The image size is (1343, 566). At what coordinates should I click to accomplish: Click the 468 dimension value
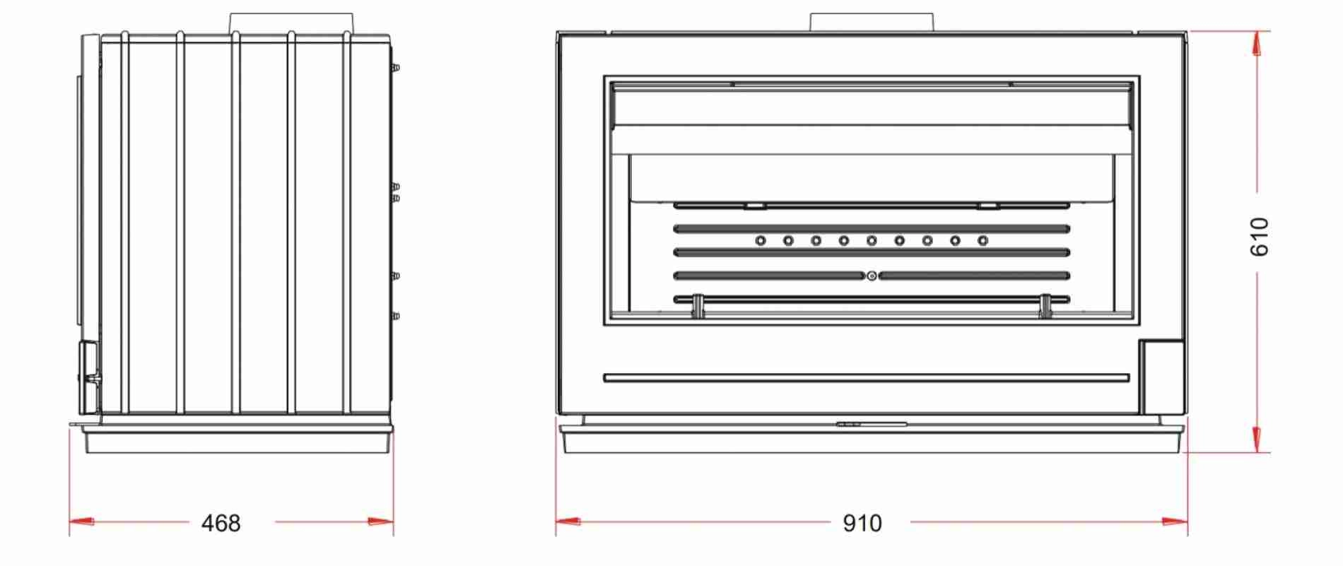[221, 524]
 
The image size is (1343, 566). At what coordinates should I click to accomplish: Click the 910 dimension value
[862, 524]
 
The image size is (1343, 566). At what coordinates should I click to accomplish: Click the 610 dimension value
[1260, 237]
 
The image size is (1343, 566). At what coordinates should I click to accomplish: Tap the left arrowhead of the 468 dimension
[81, 522]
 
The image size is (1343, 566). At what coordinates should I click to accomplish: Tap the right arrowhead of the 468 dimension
[381, 522]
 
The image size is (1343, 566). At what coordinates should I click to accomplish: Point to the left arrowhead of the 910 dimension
[568, 522]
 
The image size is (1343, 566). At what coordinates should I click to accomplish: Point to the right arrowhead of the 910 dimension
[1175, 522]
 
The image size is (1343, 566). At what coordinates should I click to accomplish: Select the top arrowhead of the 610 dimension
[1256, 44]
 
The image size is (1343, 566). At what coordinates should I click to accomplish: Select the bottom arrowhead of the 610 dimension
[1256, 440]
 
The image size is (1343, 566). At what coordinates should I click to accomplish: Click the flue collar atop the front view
[872, 22]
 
